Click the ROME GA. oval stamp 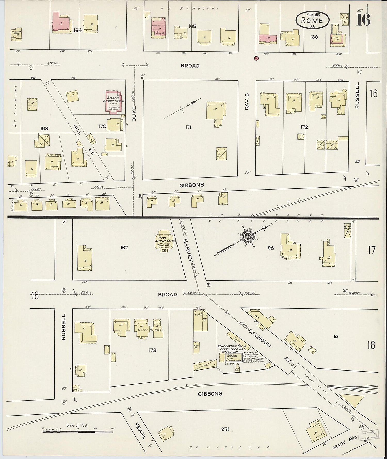[x=312, y=20]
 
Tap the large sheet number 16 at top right [x=363, y=20]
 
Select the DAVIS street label [x=247, y=102]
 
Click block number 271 [x=225, y=429]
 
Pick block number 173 [x=152, y=350]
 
